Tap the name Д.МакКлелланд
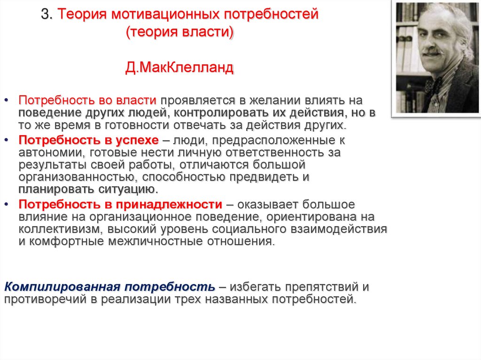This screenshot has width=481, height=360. (179, 69)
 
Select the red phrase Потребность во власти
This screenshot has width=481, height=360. (87, 100)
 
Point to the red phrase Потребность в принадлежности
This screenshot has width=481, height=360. (120, 205)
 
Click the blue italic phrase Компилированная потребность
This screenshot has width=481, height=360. (110, 287)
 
